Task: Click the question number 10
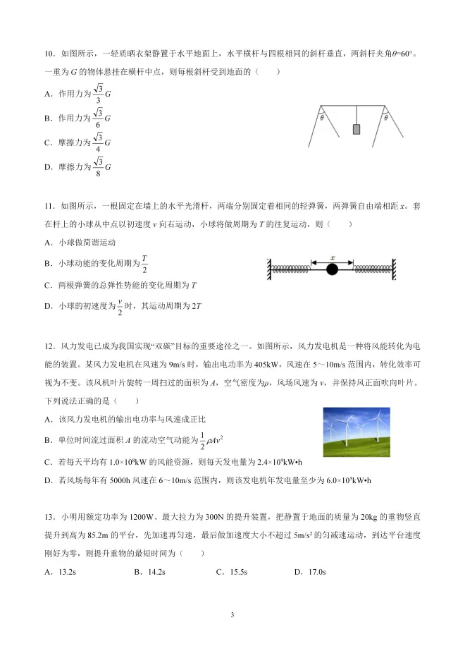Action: point(49,54)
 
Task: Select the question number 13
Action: point(49,516)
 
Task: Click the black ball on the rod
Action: point(331,269)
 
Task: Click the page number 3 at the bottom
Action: point(232,615)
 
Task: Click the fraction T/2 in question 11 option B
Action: point(144,263)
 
